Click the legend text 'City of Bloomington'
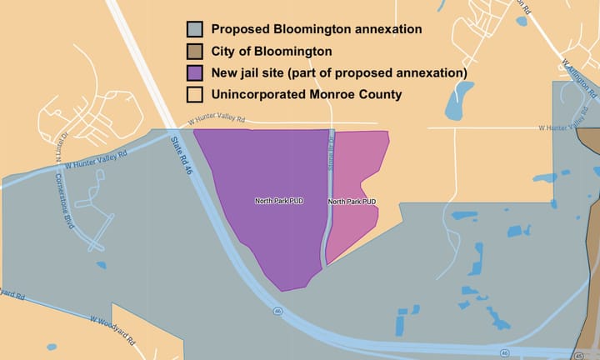pos(271,51)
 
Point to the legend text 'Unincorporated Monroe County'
pos(307,94)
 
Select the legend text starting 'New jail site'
pos(338,72)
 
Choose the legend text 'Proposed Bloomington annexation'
pos(316,29)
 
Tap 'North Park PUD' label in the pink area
pos(352,202)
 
